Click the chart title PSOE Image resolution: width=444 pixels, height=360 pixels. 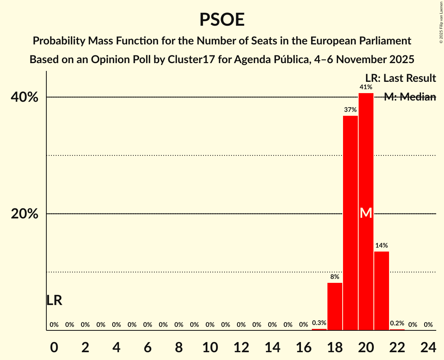[x=222, y=20]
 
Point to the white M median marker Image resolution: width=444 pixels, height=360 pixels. [x=366, y=213]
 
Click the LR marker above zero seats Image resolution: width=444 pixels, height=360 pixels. [x=54, y=300]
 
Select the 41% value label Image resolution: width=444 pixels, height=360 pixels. [x=366, y=87]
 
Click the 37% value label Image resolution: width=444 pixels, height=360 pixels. [x=350, y=110]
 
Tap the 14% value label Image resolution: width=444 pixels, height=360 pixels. [x=382, y=246]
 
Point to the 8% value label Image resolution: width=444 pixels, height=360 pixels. [x=335, y=277]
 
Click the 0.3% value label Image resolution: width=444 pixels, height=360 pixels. [x=319, y=323]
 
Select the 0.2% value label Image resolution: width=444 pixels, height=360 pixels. [x=397, y=323]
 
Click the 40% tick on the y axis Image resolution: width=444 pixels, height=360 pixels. [x=24, y=97]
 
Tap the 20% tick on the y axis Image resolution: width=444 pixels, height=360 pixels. [x=24, y=214]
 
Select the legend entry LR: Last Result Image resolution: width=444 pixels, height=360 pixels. [x=400, y=78]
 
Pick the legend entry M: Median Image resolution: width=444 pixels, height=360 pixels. [x=410, y=97]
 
